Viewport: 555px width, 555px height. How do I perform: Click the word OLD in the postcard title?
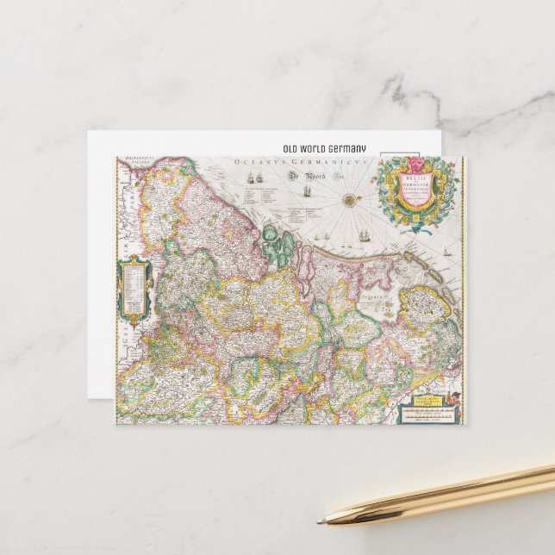coord(292,149)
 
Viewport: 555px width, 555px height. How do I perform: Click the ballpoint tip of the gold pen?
coord(321,520)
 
